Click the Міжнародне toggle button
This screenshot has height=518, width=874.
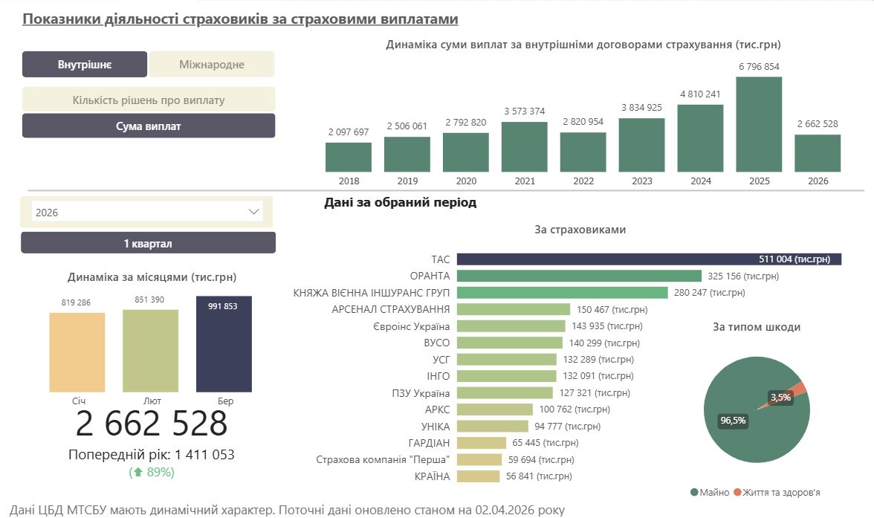pyautogui.click(x=212, y=65)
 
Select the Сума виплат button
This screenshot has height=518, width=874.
pyautogui.click(x=149, y=126)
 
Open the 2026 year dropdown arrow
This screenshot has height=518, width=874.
pyautogui.click(x=252, y=212)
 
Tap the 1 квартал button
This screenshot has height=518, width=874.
pyautogui.click(x=148, y=243)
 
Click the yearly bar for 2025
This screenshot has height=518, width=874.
pyautogui.click(x=759, y=124)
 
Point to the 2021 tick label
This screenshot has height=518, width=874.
pyautogui.click(x=525, y=181)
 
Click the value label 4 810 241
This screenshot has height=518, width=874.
pyautogui.click(x=700, y=94)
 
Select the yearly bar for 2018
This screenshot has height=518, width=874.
pyautogui.click(x=349, y=157)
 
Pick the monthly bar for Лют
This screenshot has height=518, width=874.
pyautogui.click(x=151, y=350)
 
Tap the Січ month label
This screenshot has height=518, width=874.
pyautogui.click(x=79, y=401)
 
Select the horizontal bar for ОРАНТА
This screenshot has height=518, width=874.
pyautogui.click(x=579, y=276)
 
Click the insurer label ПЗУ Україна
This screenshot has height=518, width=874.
pyautogui.click(x=421, y=392)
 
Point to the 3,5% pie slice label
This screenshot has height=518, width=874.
pyautogui.click(x=780, y=398)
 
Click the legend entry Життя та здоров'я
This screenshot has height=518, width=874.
pyautogui.click(x=781, y=492)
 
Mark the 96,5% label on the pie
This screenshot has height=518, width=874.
pyautogui.click(x=733, y=421)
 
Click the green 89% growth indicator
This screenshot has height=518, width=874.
pyautogui.click(x=152, y=472)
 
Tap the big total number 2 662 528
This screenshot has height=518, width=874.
pyautogui.click(x=152, y=424)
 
